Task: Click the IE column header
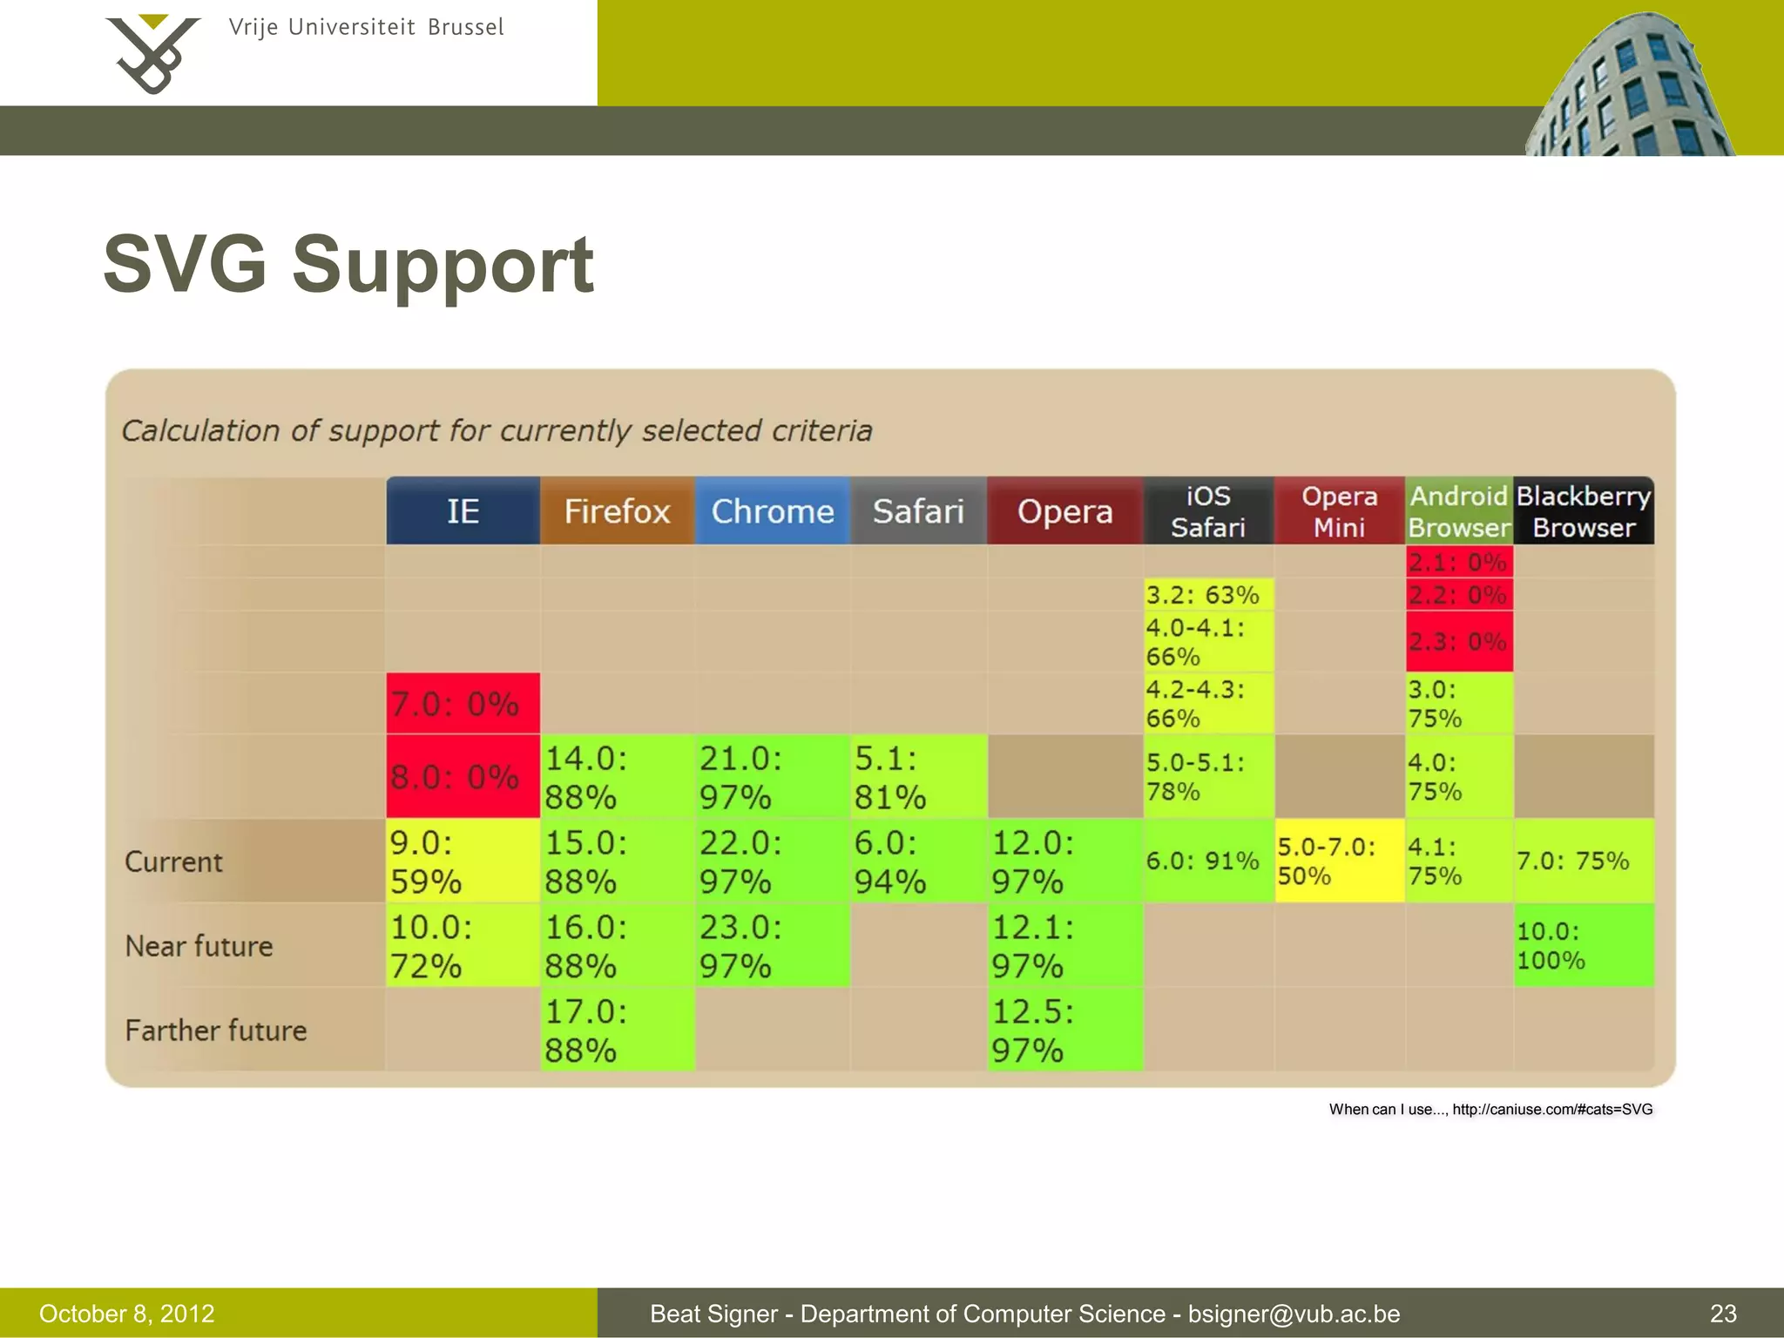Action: pos(463,511)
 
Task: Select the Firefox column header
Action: pos(617,511)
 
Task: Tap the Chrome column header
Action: pos(772,511)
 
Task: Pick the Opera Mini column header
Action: pos(1339,511)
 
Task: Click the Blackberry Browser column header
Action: pos(1583,511)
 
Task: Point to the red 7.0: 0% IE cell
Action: pos(463,703)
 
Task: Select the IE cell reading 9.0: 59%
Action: pos(463,861)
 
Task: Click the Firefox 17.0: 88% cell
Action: pos(617,1030)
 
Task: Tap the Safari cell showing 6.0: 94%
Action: pos(918,861)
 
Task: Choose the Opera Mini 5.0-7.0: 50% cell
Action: pos(1339,861)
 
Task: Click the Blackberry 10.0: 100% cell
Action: pos(1583,945)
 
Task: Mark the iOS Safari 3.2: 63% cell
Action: pos(1207,595)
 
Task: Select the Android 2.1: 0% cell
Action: pos(1458,562)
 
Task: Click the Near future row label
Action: pos(199,946)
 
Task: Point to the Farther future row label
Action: pos(216,1031)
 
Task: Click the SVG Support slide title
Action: pos(348,264)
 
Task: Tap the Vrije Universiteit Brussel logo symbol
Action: pos(152,54)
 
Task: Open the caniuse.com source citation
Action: pos(1490,1109)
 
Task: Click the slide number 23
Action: pos(1723,1314)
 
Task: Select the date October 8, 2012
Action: pos(127,1314)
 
